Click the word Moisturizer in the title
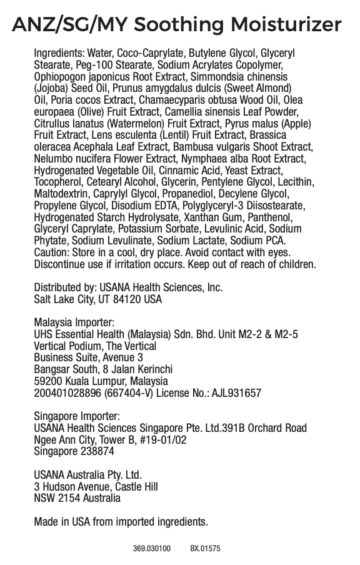[286, 25]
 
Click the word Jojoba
[49, 87]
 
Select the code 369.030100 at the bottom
[151, 549]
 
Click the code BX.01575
[205, 549]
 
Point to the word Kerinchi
[152, 369]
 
